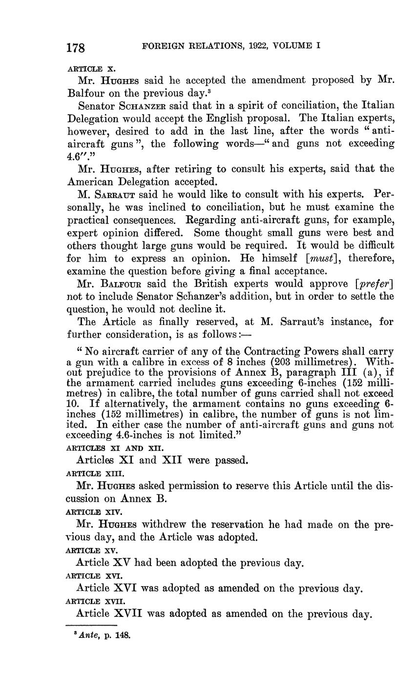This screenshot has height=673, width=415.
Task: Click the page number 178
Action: click(76, 48)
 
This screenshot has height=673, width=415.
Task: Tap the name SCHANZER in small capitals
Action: click(143, 106)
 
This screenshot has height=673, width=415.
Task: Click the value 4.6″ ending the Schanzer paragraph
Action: click(77, 156)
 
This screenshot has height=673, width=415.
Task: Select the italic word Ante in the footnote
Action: click(86, 636)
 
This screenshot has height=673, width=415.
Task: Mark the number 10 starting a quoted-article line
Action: click(72, 404)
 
